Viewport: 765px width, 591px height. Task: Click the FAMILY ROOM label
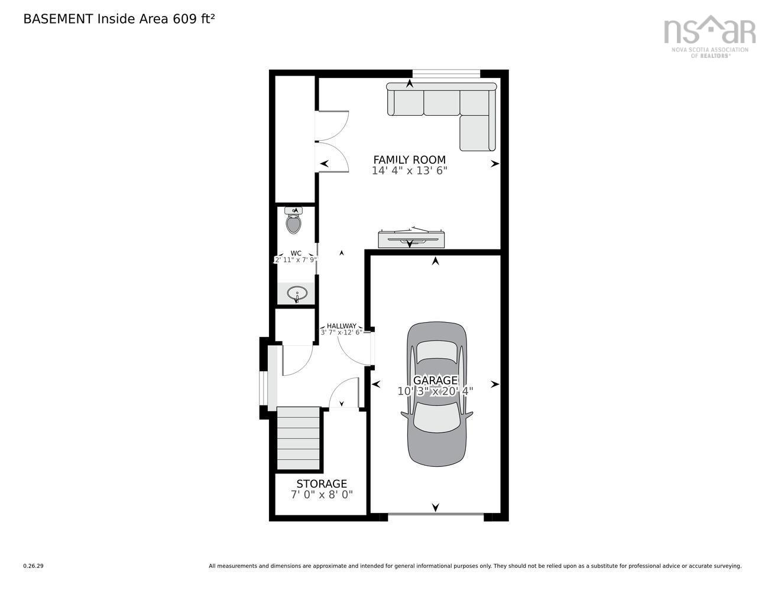pyautogui.click(x=409, y=160)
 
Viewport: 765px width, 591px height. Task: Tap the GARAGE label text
pyautogui.click(x=435, y=380)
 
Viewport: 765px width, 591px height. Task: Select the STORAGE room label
pyautogui.click(x=322, y=484)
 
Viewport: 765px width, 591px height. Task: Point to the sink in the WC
pyautogui.click(x=296, y=293)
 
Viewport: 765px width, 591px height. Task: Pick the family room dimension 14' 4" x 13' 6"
pyautogui.click(x=409, y=171)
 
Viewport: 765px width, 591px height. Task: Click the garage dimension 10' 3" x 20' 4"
pyautogui.click(x=435, y=391)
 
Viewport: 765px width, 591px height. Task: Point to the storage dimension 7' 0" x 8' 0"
pyautogui.click(x=322, y=495)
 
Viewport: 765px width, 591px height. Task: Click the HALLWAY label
pyautogui.click(x=342, y=326)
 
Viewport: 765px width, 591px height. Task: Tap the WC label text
pyautogui.click(x=296, y=253)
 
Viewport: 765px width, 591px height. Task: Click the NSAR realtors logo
pyautogui.click(x=709, y=35)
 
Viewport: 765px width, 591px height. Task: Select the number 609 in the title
pyautogui.click(x=184, y=19)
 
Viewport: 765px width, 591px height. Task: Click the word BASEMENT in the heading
pyautogui.click(x=58, y=19)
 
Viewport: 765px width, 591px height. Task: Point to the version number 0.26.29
pyautogui.click(x=33, y=566)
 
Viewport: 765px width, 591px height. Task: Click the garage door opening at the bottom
pyautogui.click(x=436, y=516)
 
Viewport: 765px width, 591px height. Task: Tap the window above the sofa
pyautogui.click(x=446, y=73)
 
